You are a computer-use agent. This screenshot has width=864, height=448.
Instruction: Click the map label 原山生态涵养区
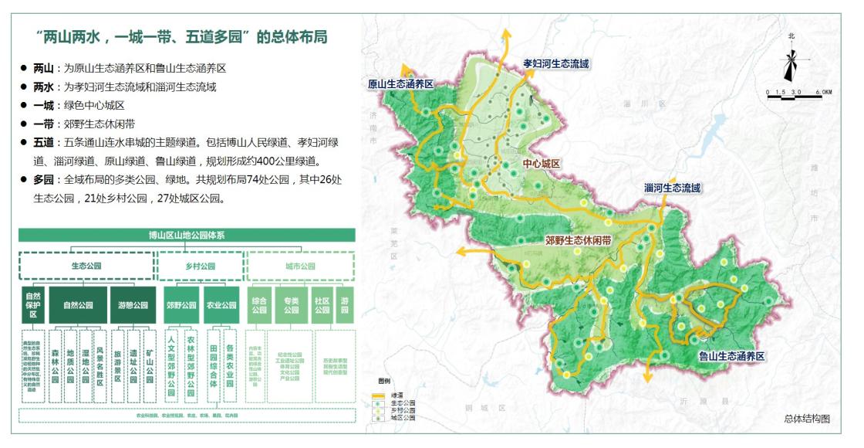[x=402, y=83]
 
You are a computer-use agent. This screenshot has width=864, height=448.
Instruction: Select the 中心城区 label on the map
[x=541, y=164]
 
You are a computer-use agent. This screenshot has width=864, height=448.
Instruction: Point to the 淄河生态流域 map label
[x=673, y=188]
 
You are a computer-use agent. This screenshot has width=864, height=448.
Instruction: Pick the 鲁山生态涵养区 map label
[x=731, y=356]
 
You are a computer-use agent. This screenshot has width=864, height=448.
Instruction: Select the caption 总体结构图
[x=806, y=418]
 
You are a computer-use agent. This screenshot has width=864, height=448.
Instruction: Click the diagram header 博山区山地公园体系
[x=186, y=235]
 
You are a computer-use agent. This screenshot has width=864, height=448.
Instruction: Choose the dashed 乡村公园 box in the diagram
[x=201, y=266]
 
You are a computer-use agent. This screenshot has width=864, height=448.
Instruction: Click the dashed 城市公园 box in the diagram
[x=300, y=266]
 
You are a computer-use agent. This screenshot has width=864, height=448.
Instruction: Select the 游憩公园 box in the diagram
[x=128, y=305]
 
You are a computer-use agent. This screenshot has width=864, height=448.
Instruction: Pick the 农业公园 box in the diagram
[x=221, y=305]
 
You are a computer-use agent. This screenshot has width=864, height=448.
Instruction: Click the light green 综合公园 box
[x=259, y=305]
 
